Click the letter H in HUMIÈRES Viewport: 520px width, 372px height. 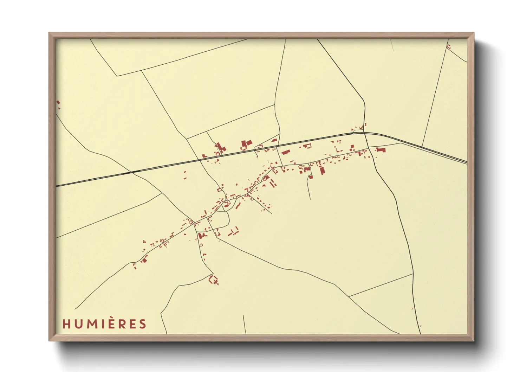(x=66, y=324)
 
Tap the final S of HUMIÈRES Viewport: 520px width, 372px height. (x=142, y=324)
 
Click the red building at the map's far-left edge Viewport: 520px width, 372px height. (x=58, y=102)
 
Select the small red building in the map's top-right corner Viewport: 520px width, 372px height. (x=448, y=46)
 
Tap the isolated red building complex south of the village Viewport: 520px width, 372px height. (x=213, y=280)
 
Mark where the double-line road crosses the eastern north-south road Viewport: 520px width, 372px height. (x=364, y=133)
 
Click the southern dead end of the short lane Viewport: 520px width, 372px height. (x=310, y=199)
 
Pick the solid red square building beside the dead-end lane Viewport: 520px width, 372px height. (x=311, y=177)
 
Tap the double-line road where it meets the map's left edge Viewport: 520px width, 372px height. (x=57, y=185)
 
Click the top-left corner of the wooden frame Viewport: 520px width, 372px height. (x=49, y=33)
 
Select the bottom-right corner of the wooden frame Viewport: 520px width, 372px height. (x=474, y=341)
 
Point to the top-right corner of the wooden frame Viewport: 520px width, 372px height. (x=474, y=33)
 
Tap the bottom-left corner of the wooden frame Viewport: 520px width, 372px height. (x=49, y=341)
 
